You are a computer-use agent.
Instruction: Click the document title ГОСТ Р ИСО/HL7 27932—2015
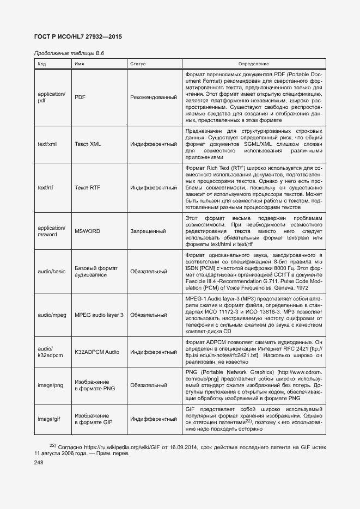pyautogui.click(x=78, y=37)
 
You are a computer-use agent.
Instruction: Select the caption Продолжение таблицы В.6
pyautogui.click(x=69, y=53)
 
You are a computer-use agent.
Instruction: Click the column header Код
pyautogui.click(x=41, y=64)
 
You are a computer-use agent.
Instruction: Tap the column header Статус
pyautogui.click(x=138, y=64)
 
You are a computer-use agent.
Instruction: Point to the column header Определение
pyautogui.click(x=253, y=64)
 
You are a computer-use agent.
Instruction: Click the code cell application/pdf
pyautogui.click(x=51, y=97)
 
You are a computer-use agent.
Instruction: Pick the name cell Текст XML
pyautogui.click(x=88, y=144)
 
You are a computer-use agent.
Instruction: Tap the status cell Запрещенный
pyautogui.click(x=148, y=231)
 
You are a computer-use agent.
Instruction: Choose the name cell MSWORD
pyautogui.click(x=87, y=231)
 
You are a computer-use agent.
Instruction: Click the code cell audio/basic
pyautogui.click(x=52, y=271)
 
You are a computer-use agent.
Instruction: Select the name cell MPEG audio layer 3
pyautogui.click(x=99, y=315)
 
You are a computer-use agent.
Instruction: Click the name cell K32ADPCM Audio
pyautogui.click(x=96, y=352)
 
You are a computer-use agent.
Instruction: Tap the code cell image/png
pyautogui.click(x=51, y=385)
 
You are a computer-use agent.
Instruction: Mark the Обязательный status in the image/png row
pyautogui.click(x=148, y=385)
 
